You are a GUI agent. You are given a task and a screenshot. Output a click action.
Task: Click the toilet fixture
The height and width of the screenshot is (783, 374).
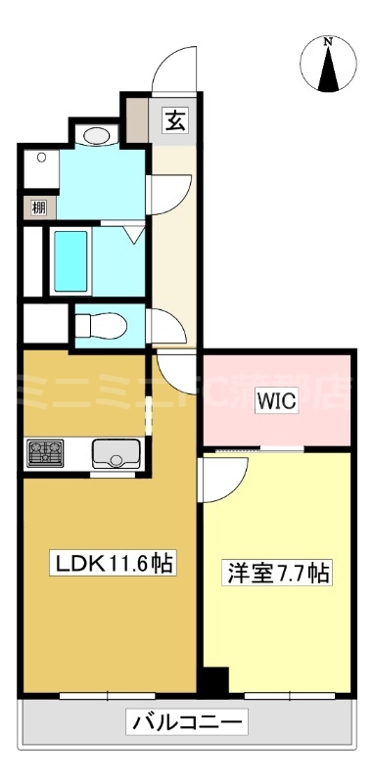(98, 324)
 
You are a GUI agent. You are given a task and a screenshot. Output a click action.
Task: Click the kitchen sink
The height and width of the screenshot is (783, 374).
(117, 453)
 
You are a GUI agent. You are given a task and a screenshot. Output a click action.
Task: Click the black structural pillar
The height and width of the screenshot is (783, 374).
(212, 679)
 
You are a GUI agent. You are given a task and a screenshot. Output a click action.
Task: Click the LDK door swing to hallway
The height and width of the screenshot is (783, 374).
(174, 367)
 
